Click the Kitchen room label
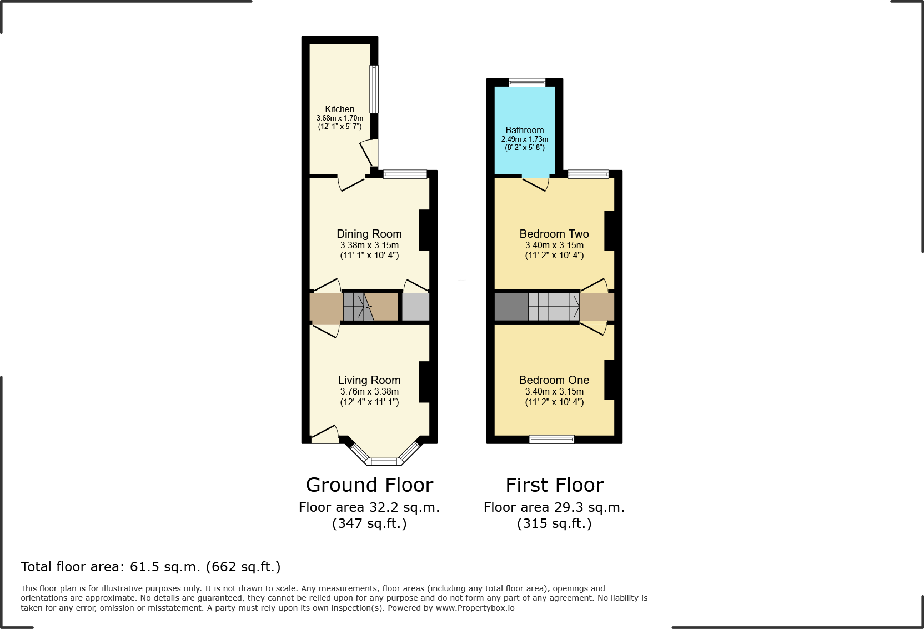(339, 109)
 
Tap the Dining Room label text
(369, 234)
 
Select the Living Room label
(369, 380)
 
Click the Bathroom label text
(525, 130)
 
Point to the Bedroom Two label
(554, 234)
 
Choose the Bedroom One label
(554, 380)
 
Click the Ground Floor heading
(369, 485)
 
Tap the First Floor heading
(554, 485)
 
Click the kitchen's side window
(374, 89)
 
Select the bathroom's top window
(528, 83)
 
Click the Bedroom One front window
(551, 440)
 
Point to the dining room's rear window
(405, 174)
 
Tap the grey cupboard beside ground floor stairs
(415, 307)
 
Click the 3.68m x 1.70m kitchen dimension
(340, 118)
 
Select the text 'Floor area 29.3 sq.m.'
(554, 507)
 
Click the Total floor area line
(150, 567)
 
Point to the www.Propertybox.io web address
(475, 608)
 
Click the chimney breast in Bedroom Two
(609, 231)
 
